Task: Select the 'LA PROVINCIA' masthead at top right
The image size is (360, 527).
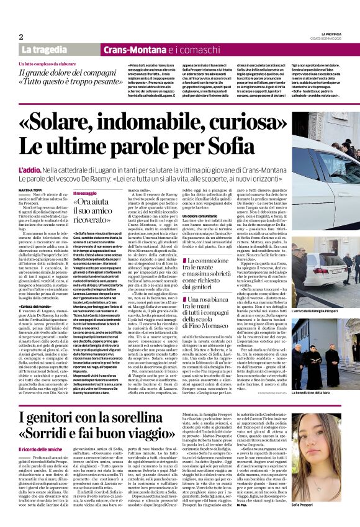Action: click(329, 34)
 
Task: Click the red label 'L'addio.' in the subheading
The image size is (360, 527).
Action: click(30, 169)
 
